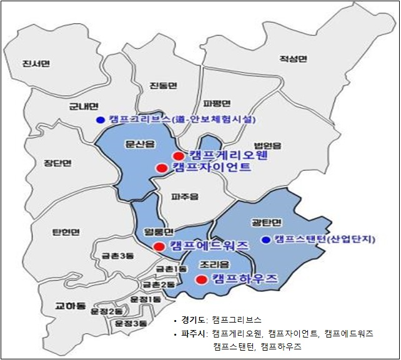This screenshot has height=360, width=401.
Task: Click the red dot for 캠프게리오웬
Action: pyautogui.click(x=178, y=155)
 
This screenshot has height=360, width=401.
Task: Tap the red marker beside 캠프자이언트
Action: pyautogui.click(x=161, y=168)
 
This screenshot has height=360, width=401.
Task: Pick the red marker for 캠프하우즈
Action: pyautogui.click(x=201, y=279)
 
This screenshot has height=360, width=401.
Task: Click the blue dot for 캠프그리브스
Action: pyautogui.click(x=99, y=119)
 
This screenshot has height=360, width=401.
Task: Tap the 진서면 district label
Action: pyautogui.click(x=35, y=64)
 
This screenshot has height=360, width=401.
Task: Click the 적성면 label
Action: pyautogui.click(x=294, y=59)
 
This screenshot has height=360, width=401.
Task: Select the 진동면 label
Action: pyautogui.click(x=164, y=85)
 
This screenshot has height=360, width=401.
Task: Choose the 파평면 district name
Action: pyautogui.click(x=217, y=103)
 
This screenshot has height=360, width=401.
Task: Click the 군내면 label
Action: pyautogui.click(x=81, y=107)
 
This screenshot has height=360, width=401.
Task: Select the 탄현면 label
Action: pyautogui.click(x=66, y=233)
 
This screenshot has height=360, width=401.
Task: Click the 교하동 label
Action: pyautogui.click(x=69, y=306)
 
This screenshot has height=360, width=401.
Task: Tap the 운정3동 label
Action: pyautogui.click(x=130, y=323)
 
